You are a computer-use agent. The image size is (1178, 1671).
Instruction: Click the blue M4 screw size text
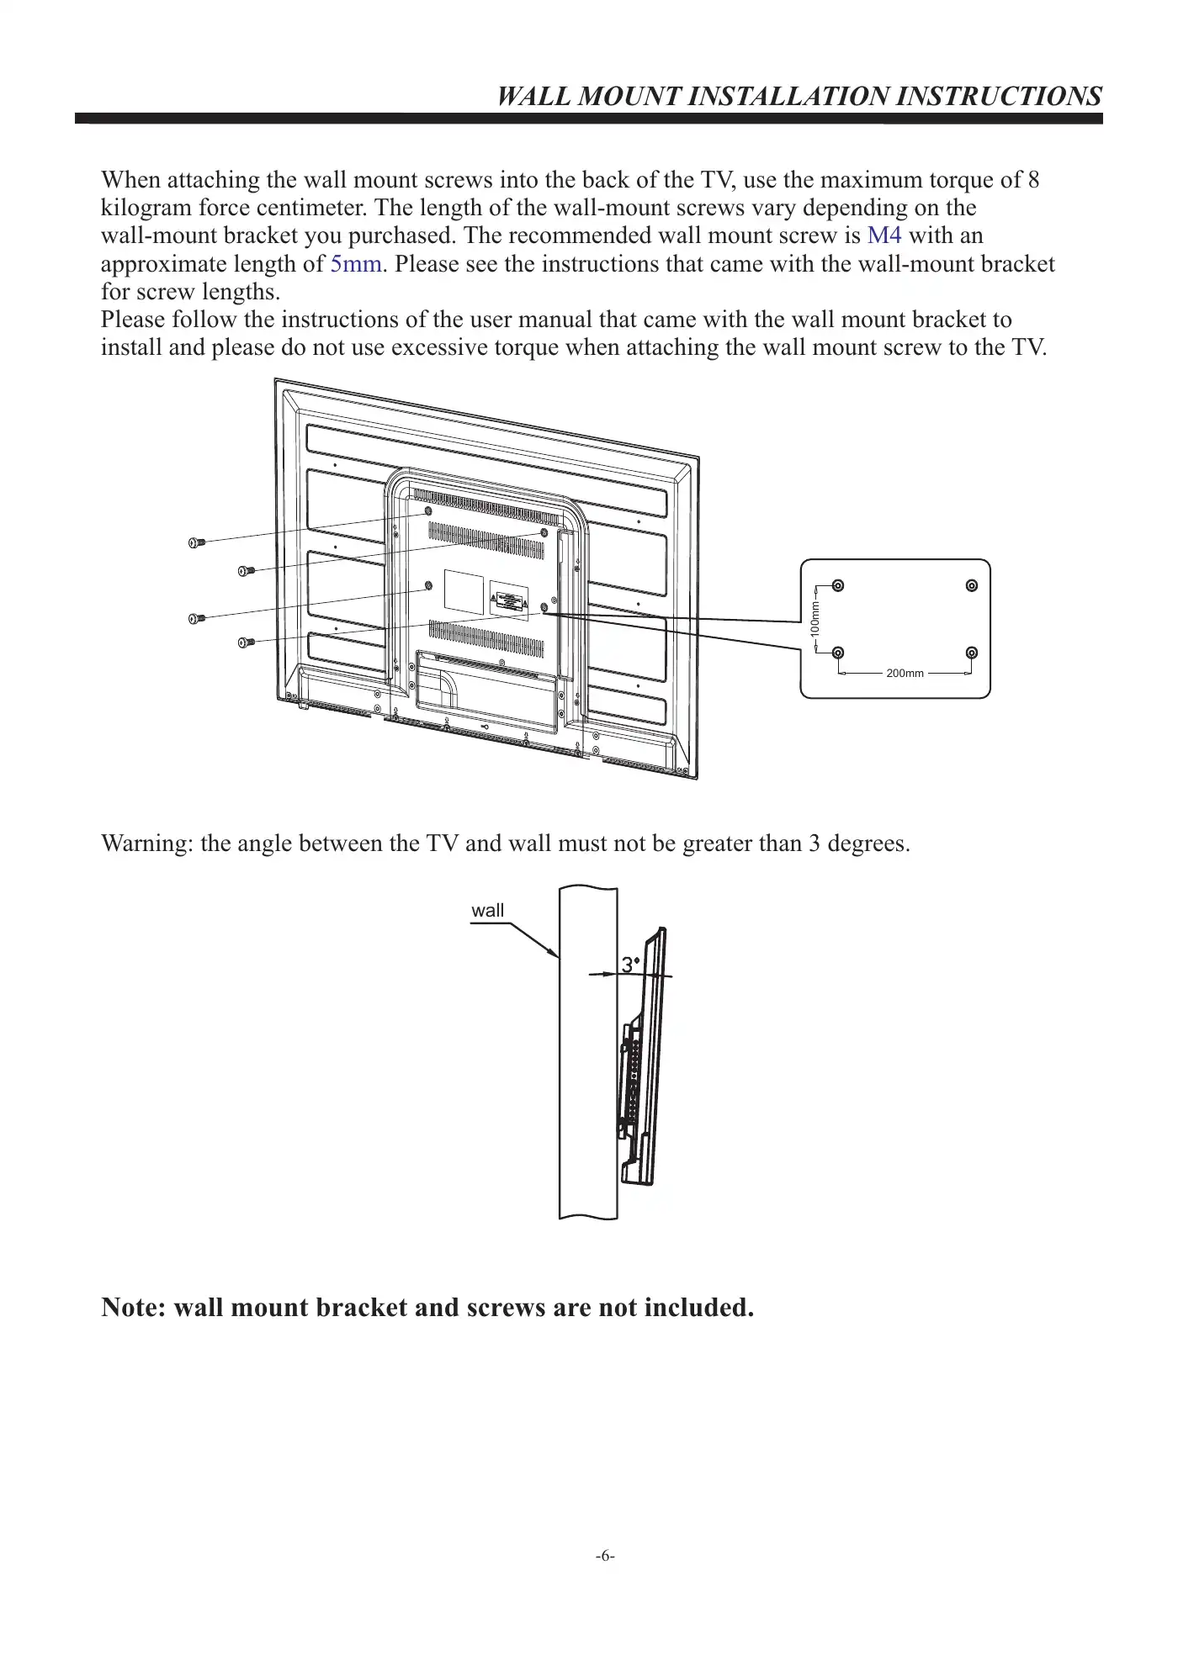click(883, 236)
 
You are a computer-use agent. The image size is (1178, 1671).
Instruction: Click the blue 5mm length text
click(356, 264)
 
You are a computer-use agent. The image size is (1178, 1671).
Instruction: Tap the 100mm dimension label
click(815, 619)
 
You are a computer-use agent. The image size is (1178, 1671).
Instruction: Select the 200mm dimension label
click(905, 674)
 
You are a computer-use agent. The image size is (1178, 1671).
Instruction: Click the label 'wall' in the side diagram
click(487, 910)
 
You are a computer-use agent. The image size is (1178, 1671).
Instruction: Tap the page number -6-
click(605, 1556)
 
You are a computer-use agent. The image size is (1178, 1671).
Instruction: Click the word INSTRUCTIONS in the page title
click(998, 96)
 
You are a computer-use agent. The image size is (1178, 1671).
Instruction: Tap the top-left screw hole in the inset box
click(837, 586)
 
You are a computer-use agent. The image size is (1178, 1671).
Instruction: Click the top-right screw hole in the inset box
click(972, 586)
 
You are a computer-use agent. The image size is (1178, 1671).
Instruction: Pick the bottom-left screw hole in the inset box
click(837, 653)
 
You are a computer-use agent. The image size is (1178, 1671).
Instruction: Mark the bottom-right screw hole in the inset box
click(972, 653)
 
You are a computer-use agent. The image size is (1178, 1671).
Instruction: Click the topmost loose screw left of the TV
click(196, 542)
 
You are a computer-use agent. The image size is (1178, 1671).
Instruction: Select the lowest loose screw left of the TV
click(246, 642)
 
